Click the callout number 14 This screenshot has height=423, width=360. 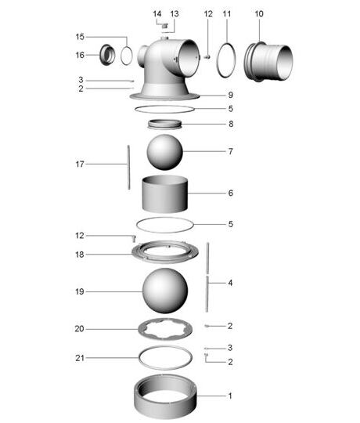coord(157,14)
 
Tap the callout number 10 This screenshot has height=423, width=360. coord(259,14)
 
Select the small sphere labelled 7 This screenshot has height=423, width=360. coord(164,152)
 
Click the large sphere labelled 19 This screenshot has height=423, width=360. coord(165,291)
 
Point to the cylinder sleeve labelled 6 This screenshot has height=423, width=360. coord(164,193)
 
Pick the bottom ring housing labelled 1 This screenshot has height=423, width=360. coord(165,396)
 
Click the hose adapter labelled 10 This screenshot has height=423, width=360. coord(268,62)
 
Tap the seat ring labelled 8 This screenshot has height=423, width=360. coord(164,125)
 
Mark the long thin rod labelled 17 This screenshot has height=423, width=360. coord(129,168)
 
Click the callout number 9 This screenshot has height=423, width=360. coord(230,95)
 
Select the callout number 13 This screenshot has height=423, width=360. coord(175,14)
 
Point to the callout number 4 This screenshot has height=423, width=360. coord(230,283)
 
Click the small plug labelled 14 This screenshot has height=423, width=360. coord(165,26)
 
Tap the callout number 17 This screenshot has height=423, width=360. coord(80,164)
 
